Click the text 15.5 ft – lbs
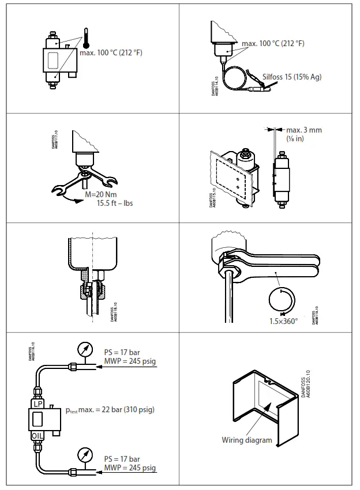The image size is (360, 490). pos(115,203)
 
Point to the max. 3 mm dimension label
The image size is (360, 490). pos(304,130)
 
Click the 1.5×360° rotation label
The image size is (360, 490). pos(284,321)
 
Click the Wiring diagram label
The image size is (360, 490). pos(247,440)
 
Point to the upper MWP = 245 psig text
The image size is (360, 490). pos(130,361)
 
